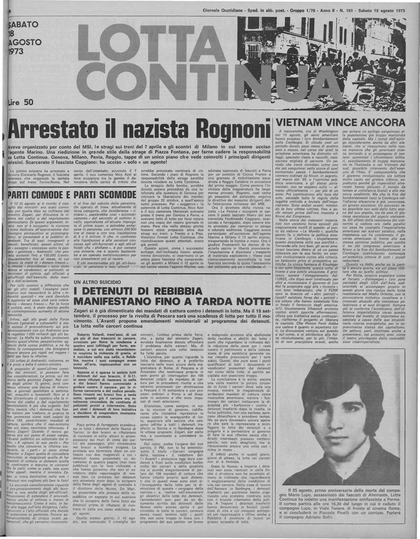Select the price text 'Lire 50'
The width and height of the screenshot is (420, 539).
[21, 102]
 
